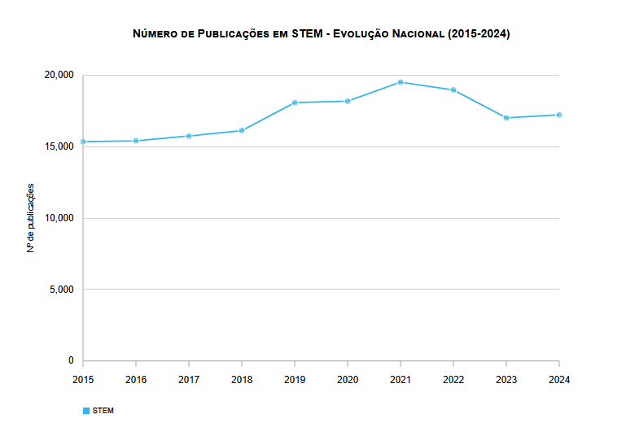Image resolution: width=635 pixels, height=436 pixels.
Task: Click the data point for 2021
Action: click(x=401, y=82)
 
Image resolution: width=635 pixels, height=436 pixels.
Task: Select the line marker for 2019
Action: click(x=295, y=102)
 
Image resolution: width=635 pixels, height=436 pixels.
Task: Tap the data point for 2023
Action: click(x=506, y=118)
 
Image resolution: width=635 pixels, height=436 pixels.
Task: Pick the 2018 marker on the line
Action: click(x=242, y=130)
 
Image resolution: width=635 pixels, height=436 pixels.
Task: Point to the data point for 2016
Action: click(x=136, y=141)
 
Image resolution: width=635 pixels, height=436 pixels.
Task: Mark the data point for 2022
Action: click(x=453, y=89)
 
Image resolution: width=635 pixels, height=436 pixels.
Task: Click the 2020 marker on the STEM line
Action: click(x=348, y=101)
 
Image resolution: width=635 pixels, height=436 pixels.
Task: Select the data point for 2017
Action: click(x=189, y=136)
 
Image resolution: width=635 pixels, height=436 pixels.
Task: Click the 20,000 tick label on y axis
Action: click(x=59, y=75)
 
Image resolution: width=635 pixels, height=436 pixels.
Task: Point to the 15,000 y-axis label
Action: click(x=59, y=146)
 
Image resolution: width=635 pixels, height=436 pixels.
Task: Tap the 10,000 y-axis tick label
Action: click(x=59, y=218)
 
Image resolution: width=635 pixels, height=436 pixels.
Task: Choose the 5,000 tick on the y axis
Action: click(x=61, y=290)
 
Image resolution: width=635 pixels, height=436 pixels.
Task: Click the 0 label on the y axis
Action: click(x=71, y=360)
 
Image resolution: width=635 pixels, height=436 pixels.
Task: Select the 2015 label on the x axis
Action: click(x=83, y=380)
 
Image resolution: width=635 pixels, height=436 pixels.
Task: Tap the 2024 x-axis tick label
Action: click(x=559, y=380)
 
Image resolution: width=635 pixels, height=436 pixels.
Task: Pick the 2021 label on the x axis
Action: click(x=401, y=380)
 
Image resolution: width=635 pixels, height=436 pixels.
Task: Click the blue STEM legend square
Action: click(x=86, y=411)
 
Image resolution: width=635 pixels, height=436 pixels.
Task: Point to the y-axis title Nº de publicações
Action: click(x=31, y=218)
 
